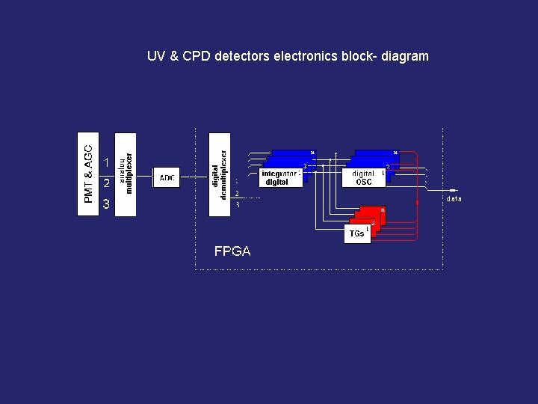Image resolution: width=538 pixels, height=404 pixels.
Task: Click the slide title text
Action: [x=288, y=56]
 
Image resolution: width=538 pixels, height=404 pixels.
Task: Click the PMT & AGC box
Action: [x=88, y=174]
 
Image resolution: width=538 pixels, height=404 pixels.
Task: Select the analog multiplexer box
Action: [x=126, y=174]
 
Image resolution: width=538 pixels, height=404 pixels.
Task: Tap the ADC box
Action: [x=167, y=177]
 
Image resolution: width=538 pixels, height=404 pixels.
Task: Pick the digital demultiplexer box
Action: [x=220, y=174]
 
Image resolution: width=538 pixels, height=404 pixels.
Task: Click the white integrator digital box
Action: [x=281, y=177]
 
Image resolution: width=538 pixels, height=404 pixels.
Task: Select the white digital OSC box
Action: [x=363, y=177]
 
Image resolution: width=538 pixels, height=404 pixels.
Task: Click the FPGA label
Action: [x=232, y=251]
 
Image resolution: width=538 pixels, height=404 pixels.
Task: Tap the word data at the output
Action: [x=454, y=199]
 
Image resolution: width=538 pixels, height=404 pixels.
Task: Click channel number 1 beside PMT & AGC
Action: [x=107, y=162]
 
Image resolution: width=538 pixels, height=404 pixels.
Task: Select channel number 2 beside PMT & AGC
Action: [x=107, y=183]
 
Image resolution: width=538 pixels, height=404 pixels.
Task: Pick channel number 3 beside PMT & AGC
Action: [x=107, y=203]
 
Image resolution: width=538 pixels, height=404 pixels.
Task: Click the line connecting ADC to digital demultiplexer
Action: [x=195, y=177]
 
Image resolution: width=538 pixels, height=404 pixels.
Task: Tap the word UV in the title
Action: [x=156, y=56]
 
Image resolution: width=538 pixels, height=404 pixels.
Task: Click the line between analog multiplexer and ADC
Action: [x=145, y=177]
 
